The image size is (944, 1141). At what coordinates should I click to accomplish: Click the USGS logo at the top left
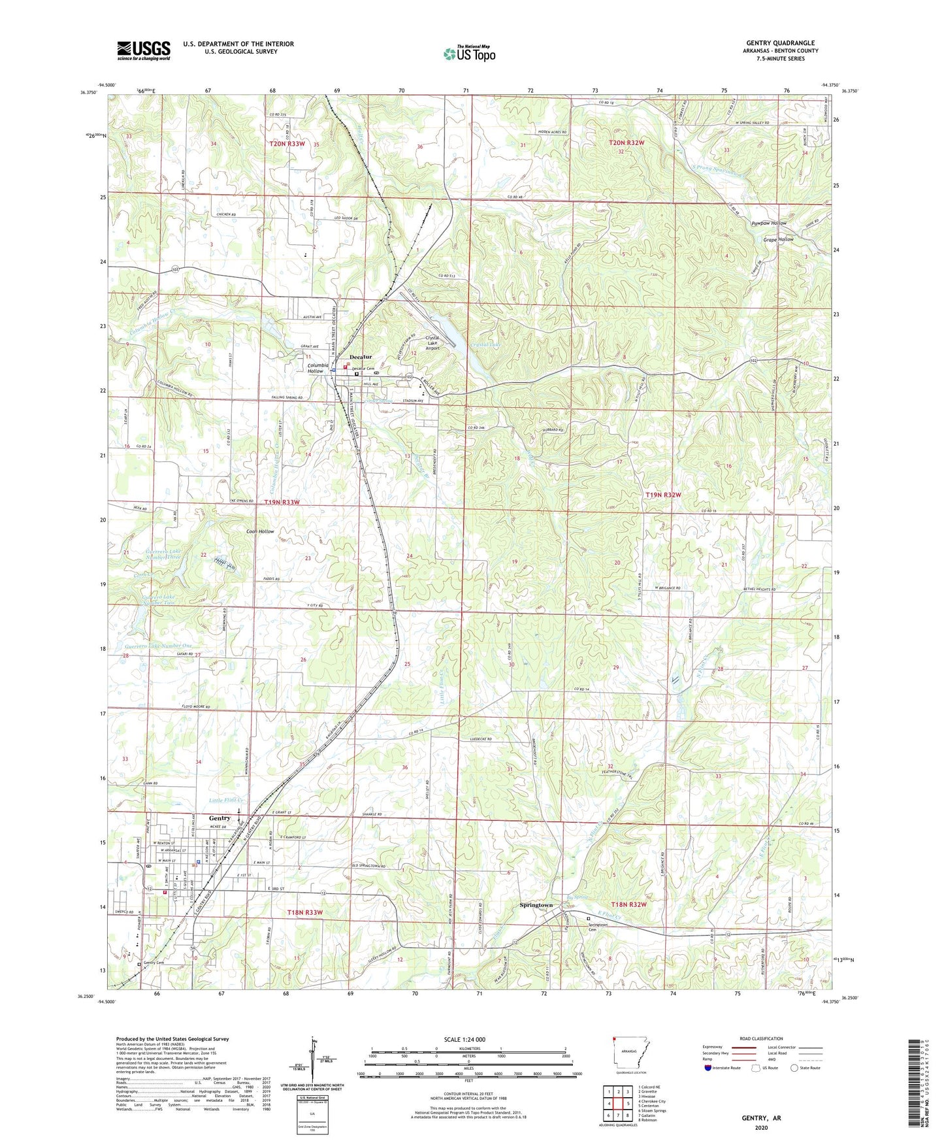(x=144, y=50)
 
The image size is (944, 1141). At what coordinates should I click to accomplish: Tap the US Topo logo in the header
(x=469, y=54)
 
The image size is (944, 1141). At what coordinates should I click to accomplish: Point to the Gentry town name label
(x=220, y=818)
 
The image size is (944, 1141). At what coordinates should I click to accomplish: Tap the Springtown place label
(x=536, y=905)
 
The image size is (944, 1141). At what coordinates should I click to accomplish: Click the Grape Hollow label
(x=778, y=240)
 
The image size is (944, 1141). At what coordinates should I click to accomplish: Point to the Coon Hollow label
(x=260, y=531)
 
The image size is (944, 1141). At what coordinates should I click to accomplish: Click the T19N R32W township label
(x=663, y=495)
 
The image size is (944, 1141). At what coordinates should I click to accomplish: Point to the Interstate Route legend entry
(x=724, y=1068)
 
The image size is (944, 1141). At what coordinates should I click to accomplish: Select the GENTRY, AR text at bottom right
(x=761, y=1118)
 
